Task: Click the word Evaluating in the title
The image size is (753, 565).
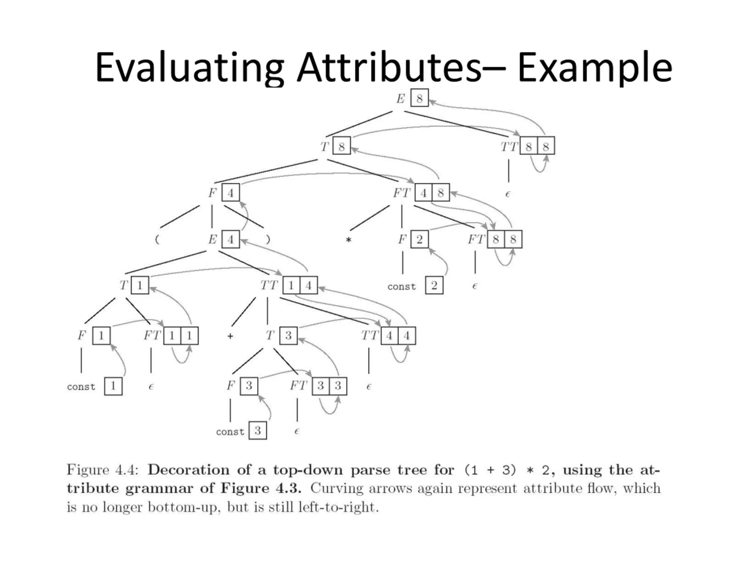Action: point(189,67)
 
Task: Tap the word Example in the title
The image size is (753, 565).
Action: point(594,67)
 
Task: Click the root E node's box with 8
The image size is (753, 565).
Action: point(419,98)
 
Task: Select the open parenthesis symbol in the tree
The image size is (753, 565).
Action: point(157,240)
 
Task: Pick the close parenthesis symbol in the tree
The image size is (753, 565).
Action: point(268,240)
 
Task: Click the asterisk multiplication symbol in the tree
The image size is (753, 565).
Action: point(348,240)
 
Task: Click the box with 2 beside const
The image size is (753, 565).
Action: point(434,285)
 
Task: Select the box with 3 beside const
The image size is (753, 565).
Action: point(258,431)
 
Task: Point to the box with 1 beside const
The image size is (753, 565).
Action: point(113,386)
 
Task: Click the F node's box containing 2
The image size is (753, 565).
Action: point(419,240)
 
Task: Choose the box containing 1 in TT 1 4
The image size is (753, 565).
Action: point(291,285)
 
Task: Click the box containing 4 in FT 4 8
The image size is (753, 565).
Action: point(424,193)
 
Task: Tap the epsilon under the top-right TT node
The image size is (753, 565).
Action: point(508,194)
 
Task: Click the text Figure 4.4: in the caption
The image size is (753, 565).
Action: point(102,470)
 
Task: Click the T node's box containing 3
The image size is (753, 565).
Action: point(288,335)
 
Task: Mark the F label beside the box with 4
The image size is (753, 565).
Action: point(212,193)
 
